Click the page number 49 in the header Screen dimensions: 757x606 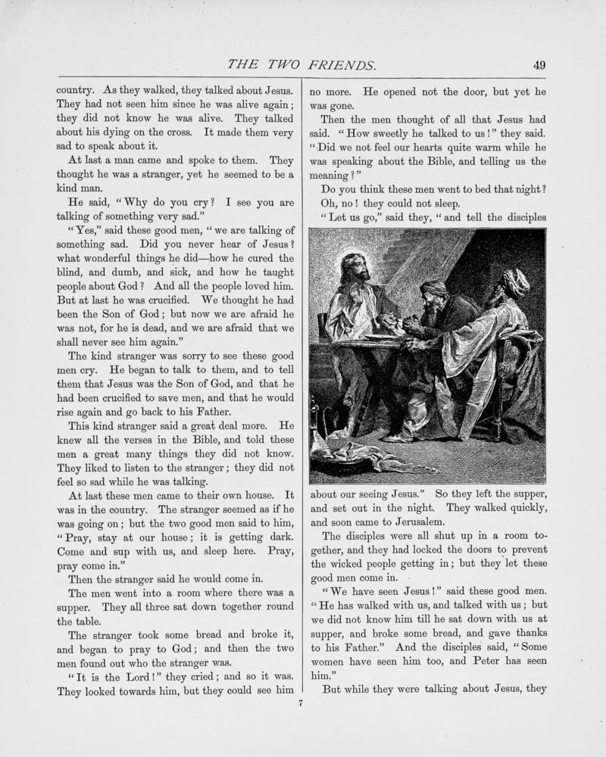click(539, 65)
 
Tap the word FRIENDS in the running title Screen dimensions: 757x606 click(341, 65)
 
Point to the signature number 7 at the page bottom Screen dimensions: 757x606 click(301, 703)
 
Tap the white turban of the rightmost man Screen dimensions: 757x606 click(515, 282)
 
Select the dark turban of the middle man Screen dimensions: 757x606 click(435, 289)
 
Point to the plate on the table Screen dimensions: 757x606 click(381, 336)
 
